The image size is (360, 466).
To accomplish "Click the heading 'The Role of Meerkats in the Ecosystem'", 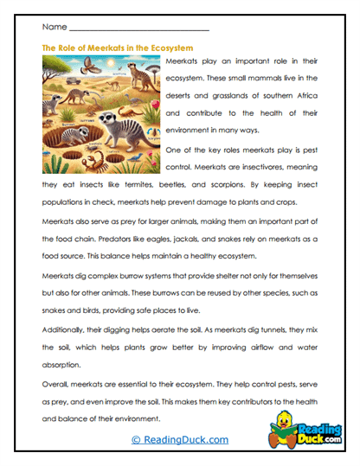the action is [117, 48].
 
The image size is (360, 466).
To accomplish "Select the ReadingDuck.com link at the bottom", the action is [179, 440].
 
